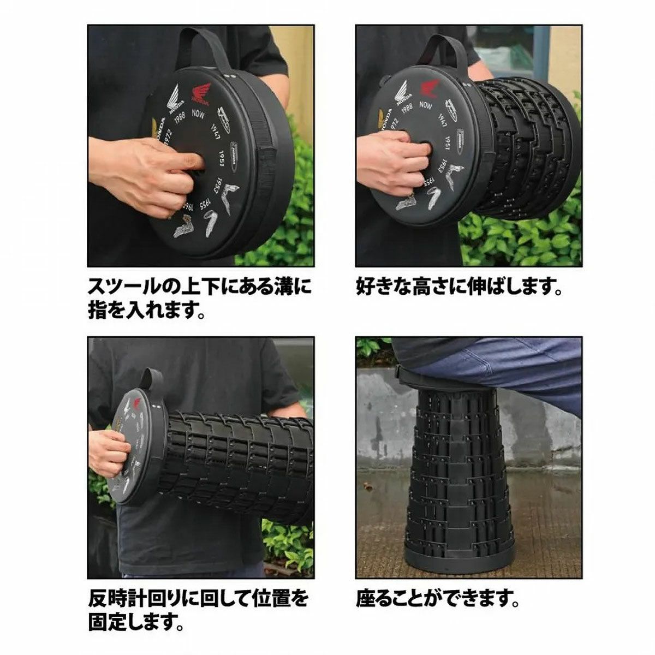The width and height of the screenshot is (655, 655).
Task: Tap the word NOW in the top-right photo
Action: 425,104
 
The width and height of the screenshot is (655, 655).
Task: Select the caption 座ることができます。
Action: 437,599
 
